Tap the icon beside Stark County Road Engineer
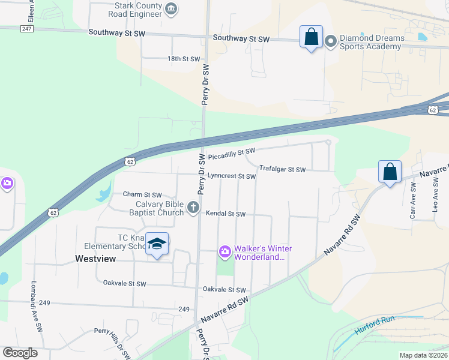click(x=171, y=8)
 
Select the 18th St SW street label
click(x=183, y=59)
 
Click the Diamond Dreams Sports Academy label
click(x=372, y=43)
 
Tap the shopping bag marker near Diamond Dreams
click(x=311, y=37)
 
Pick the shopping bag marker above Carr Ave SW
click(x=390, y=172)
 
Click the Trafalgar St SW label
click(x=283, y=169)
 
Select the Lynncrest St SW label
click(x=232, y=176)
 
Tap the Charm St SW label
click(x=142, y=194)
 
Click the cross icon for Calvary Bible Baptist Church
click(x=193, y=208)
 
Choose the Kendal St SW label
click(x=226, y=214)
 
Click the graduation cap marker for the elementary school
click(x=157, y=244)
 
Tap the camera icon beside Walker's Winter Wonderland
click(x=224, y=251)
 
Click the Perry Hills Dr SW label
click(x=113, y=343)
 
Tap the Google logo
click(x=20, y=353)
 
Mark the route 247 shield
click(x=25, y=28)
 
